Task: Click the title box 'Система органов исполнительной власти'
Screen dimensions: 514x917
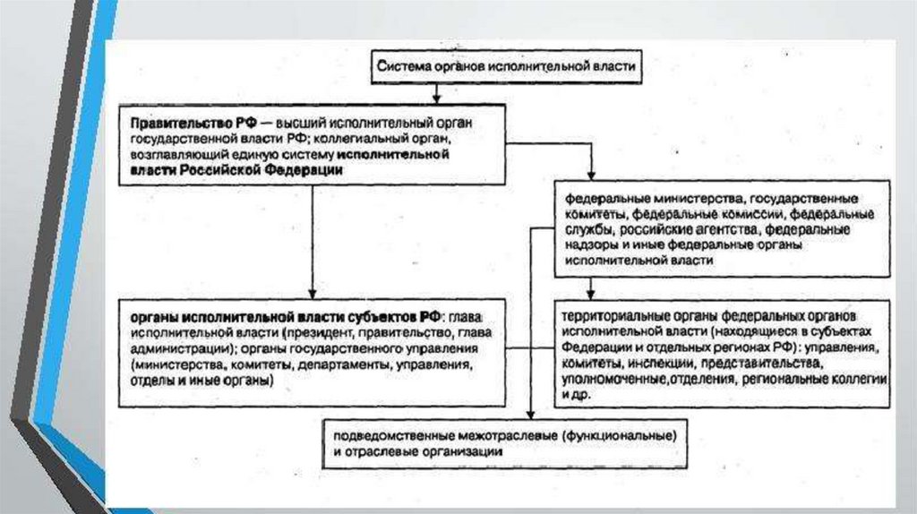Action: coord(506,66)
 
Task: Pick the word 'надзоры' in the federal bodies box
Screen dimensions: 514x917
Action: coord(587,244)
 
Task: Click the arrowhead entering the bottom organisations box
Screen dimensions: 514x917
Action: coord(530,414)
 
